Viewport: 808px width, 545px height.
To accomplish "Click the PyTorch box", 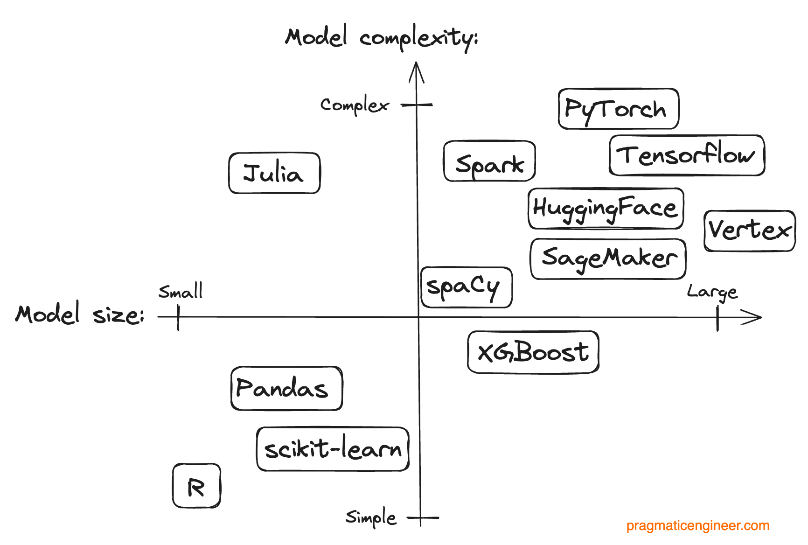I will [618, 109].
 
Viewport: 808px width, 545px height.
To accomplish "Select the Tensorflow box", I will [687, 155].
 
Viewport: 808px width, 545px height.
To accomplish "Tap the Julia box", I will [274, 173].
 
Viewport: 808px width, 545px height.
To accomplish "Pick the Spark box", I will [489, 161].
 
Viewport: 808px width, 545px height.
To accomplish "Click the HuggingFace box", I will [606, 209].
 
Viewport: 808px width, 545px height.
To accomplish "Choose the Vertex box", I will [749, 231].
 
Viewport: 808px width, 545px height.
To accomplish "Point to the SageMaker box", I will [608, 259].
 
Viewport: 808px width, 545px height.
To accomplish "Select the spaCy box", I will [466, 287].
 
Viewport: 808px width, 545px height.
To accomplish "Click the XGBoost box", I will [533, 352].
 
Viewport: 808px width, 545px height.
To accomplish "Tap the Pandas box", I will [286, 389].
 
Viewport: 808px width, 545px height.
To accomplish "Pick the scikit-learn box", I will [333, 449].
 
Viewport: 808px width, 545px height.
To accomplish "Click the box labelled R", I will [196, 486].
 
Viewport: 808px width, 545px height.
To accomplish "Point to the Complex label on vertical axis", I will [355, 105].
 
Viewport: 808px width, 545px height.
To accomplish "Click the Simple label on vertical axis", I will [371, 517].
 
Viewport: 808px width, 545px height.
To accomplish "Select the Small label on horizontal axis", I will [181, 292].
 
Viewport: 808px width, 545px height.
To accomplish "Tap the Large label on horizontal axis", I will [712, 293].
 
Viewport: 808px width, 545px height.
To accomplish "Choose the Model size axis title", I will [80, 314].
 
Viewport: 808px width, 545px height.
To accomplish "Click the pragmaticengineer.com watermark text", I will [697, 526].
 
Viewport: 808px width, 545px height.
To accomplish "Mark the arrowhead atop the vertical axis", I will [416, 70].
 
